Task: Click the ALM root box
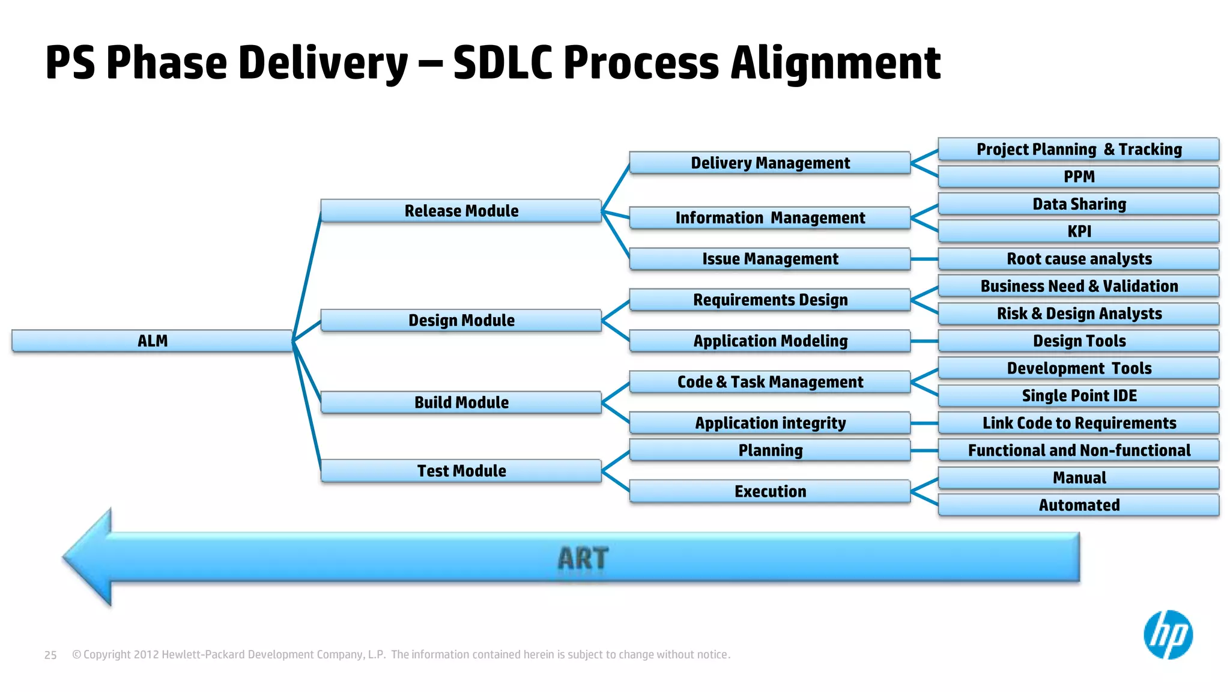point(152,341)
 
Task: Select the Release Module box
point(461,211)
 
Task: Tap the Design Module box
point(461,320)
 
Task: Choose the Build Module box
point(461,402)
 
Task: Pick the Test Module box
point(461,471)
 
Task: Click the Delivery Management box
point(770,163)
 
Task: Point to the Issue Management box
point(770,259)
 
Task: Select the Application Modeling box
point(770,341)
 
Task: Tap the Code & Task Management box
point(770,382)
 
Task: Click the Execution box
point(770,491)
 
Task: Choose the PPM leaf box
point(1079,177)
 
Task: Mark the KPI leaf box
point(1079,231)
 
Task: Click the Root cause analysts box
point(1079,259)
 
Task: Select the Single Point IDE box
point(1079,395)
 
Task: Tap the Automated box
point(1079,505)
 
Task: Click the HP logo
point(1168,635)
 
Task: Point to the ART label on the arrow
point(583,558)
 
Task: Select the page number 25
point(50,655)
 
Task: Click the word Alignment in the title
point(835,62)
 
